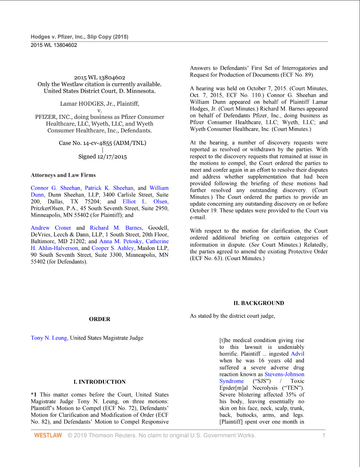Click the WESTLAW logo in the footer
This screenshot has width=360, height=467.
pos(48,435)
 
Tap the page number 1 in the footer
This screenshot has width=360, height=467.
pos(324,435)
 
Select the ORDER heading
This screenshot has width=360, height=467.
pos(99,319)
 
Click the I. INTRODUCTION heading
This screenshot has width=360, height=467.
pos(99,382)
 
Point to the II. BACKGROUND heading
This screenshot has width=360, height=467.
pos(258,303)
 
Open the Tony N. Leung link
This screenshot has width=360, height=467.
pos(49,338)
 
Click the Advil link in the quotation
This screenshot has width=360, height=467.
pos(297,354)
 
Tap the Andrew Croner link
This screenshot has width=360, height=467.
pos(51,228)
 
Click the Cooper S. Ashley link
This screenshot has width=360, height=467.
pos(113,248)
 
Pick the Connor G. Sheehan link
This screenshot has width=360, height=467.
pos(55,188)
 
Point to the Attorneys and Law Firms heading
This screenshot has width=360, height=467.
pos(63,175)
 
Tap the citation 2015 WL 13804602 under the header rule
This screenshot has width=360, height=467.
pos(54,45)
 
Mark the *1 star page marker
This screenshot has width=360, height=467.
pos(33,395)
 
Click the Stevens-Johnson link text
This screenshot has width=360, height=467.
pos(284,374)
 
